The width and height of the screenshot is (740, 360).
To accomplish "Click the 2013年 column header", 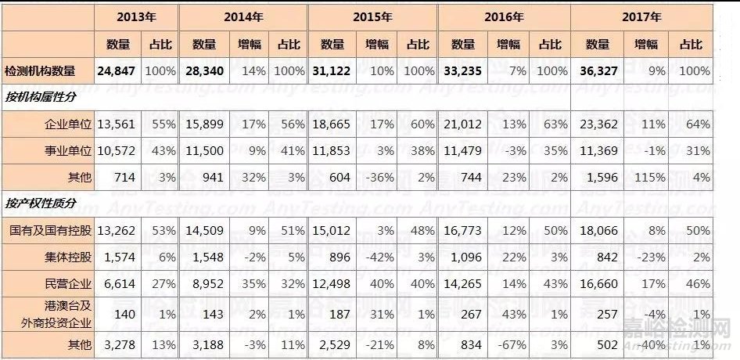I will coord(136,16).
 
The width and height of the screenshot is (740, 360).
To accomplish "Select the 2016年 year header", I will coord(503,16).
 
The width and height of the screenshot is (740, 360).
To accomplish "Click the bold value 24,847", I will coord(117,70).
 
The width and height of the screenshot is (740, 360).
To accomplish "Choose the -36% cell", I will coord(383,177).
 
